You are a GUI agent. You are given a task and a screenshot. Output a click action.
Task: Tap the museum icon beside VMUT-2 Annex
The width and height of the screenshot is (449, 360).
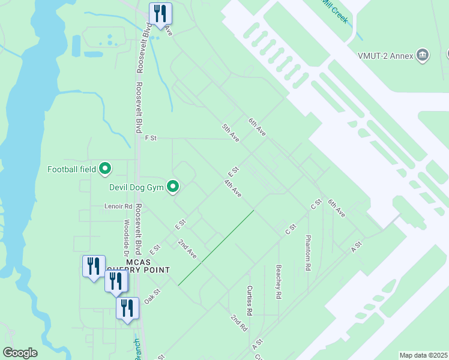pos(423,56)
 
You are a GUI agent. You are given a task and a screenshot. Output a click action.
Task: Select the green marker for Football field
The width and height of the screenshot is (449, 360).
pos(105,169)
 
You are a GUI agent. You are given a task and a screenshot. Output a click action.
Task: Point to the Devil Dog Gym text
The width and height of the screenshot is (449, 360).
pos(136,187)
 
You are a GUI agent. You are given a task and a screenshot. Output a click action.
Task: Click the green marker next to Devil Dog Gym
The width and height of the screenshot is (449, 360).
pos(173,188)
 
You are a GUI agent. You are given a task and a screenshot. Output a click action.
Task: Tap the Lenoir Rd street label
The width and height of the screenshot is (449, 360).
pos(118,206)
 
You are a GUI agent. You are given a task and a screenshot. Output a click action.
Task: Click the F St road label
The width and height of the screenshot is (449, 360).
pos(151,138)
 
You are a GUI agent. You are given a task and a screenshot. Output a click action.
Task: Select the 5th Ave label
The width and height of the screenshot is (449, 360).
pos(231,133)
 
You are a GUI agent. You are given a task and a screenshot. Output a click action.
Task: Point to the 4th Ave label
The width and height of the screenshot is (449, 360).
pos(233,188)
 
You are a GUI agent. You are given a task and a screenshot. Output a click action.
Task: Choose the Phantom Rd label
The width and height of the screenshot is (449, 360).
pos(308,253)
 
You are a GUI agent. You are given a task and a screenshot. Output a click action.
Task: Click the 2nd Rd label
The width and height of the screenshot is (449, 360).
pos(238,322)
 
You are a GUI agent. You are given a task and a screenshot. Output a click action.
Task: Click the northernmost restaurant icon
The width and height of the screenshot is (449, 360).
pos(160,13)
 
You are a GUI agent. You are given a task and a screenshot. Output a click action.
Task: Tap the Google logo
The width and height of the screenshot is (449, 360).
pos(20,353)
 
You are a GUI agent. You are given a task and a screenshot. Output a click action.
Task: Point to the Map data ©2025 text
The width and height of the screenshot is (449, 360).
pos(423,355)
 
